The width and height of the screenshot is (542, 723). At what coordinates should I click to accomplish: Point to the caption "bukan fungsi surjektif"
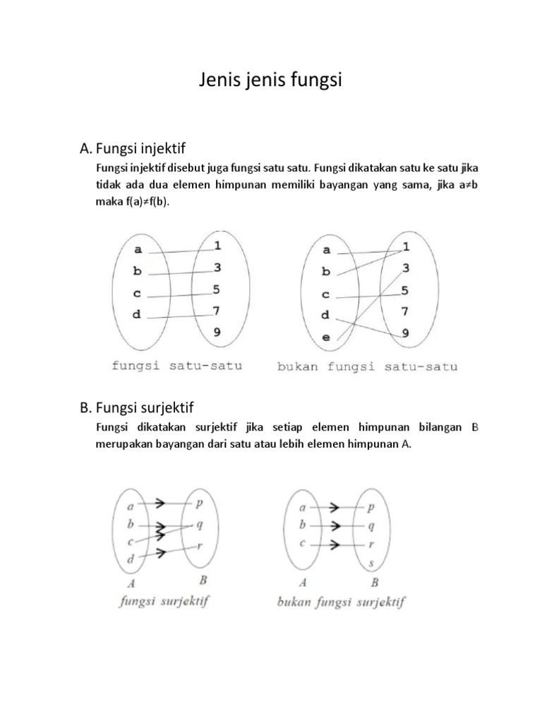(341, 602)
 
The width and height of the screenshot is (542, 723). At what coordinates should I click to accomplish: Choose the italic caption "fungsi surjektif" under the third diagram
(167, 602)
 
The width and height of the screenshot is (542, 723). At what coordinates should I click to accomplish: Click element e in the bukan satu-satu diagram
(326, 337)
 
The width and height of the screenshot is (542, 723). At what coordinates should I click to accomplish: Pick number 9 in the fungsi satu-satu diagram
(216, 331)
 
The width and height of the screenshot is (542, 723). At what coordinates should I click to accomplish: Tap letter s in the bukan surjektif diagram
(372, 563)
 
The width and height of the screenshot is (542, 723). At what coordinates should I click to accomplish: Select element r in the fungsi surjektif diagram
(200, 545)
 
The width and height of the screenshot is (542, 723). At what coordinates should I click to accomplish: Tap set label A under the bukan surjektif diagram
(303, 582)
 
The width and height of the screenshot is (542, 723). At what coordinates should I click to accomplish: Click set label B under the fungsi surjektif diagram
(203, 582)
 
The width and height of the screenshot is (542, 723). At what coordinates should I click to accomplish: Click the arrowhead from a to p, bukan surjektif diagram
(335, 506)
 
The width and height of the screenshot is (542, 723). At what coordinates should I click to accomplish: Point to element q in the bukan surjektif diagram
(372, 525)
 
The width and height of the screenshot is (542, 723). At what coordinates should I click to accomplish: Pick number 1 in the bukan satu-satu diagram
(406, 246)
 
